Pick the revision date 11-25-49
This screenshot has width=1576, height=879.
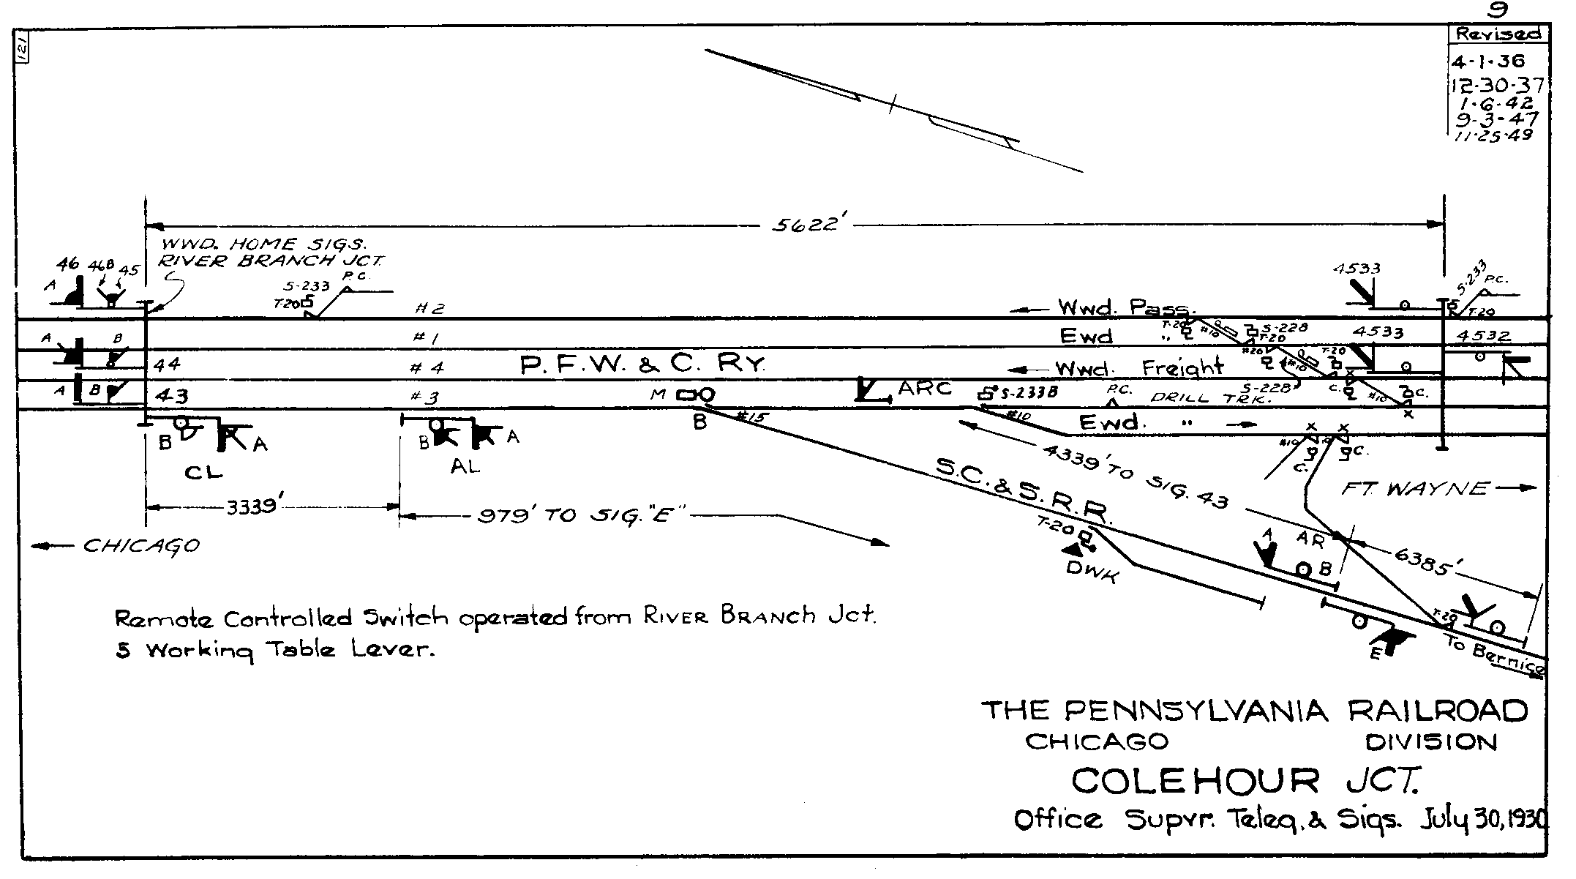tap(1490, 135)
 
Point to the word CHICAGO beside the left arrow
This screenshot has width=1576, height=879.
tap(140, 546)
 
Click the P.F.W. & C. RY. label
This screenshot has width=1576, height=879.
tap(643, 364)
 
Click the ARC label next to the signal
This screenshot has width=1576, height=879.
tap(925, 388)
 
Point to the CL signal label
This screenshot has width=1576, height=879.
tap(203, 473)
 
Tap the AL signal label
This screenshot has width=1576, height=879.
tap(465, 466)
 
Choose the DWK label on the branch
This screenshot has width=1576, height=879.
tap(1092, 572)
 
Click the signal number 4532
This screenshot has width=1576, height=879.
tap(1483, 337)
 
